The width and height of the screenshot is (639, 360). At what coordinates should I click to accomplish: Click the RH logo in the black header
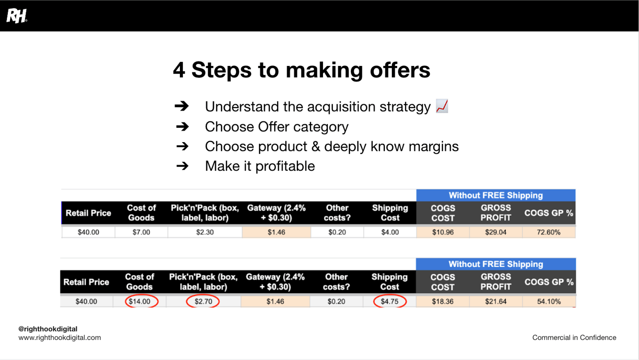coord(17,16)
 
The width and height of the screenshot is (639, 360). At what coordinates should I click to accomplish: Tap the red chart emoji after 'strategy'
coord(442,106)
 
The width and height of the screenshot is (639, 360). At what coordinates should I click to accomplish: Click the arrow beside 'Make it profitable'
coord(182,166)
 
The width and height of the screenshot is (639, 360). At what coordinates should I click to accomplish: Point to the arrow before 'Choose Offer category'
coord(182,126)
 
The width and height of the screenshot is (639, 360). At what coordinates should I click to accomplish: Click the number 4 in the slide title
coord(179,70)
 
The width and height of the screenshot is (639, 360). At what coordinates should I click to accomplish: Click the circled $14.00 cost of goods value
coord(139,301)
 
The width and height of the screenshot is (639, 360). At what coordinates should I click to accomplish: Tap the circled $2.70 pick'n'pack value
coord(203,301)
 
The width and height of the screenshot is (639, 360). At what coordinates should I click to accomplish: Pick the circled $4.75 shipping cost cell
coord(390,301)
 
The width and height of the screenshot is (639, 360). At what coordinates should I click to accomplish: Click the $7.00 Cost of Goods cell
coord(141,232)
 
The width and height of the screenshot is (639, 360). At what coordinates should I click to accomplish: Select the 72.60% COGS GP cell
coord(549,232)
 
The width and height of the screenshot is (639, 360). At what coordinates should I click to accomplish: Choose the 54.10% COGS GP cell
coord(549,301)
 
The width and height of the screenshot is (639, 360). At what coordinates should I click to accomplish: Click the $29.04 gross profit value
coord(496,232)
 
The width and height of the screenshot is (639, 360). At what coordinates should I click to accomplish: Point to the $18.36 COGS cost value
coord(442,301)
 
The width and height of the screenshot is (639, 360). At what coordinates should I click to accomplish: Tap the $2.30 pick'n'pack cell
coord(205,232)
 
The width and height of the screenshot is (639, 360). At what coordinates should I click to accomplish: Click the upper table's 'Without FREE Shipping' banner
coord(496,195)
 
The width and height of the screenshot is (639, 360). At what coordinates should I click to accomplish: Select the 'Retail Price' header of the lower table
coord(86,282)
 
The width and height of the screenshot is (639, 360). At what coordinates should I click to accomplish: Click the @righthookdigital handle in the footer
coord(48,329)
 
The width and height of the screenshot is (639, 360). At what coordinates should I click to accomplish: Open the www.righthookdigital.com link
coord(59,337)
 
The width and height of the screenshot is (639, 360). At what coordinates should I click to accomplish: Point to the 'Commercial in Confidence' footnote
coord(574,337)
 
